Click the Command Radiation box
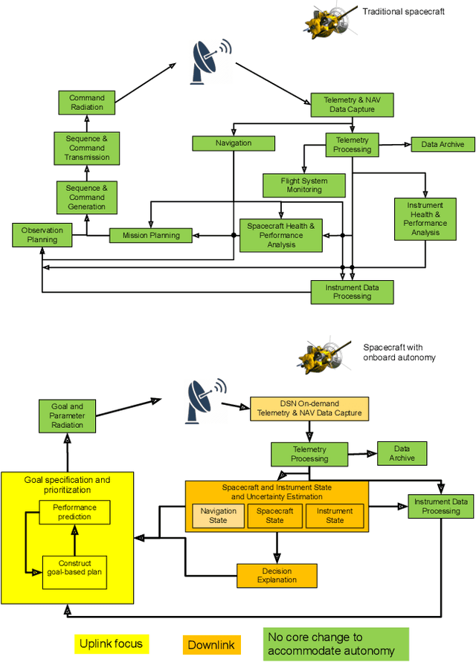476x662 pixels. click(x=87, y=103)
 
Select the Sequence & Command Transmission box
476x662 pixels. click(x=86, y=148)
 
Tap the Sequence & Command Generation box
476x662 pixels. click(x=87, y=198)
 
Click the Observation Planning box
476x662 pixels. click(x=42, y=235)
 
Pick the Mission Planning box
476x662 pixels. click(x=150, y=236)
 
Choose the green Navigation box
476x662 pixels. click(x=234, y=143)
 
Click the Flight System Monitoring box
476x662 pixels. click(x=304, y=185)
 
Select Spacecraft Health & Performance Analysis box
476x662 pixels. click(x=280, y=236)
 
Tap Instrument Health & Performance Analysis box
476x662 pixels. click(x=425, y=218)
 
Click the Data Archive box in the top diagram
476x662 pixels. click(x=443, y=144)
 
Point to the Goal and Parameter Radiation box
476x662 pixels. click(x=67, y=416)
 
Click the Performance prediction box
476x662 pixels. click(x=74, y=512)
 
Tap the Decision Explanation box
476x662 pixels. click(x=277, y=575)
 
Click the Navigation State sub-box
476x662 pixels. click(x=219, y=516)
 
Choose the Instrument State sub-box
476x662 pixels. click(x=335, y=516)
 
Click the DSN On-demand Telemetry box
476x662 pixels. click(x=309, y=408)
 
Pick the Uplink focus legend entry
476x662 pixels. click(x=112, y=644)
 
